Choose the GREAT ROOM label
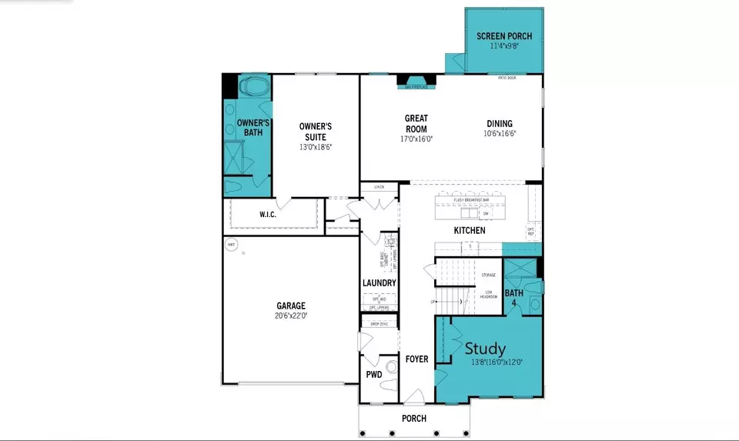pos(416,124)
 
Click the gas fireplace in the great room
pos(416,82)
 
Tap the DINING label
pos(499,124)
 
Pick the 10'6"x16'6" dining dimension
pos(499,134)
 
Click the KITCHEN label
pos(469,230)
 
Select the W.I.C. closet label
pos(266,215)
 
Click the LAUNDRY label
pos(379,283)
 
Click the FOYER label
pos(416,359)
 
